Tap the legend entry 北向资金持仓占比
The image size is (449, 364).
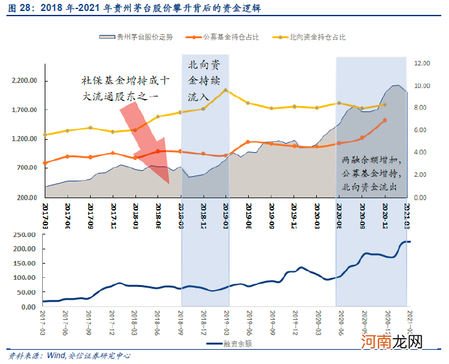(316, 38)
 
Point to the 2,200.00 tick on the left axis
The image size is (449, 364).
(25, 81)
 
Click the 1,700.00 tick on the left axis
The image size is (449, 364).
(25, 110)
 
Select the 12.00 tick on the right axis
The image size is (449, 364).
(423, 63)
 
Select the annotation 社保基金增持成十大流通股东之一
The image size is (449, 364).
(124, 88)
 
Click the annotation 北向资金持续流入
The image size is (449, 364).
(205, 80)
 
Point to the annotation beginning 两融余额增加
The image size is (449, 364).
(372, 174)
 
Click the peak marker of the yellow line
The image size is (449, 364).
(225, 90)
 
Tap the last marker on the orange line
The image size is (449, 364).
(385, 120)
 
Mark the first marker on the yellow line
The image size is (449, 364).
(45, 135)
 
